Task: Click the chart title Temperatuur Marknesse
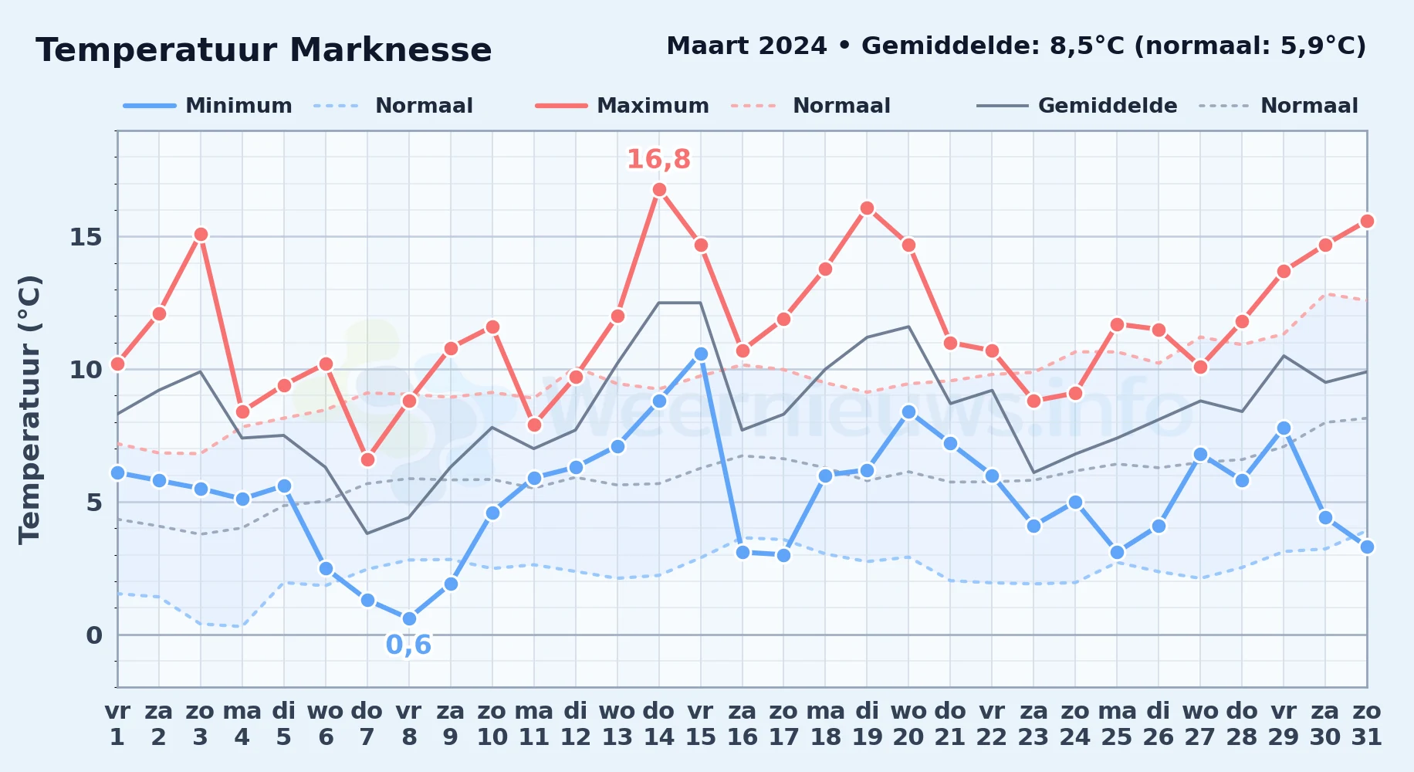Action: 264,50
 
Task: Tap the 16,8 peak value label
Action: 658,159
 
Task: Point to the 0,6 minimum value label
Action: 408,645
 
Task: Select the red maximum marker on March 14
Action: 659,189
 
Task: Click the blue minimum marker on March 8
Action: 409,618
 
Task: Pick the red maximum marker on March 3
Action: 201,234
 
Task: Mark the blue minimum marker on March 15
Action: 701,354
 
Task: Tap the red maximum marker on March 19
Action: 867,208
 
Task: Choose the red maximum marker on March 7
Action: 367,459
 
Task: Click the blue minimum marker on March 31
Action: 1367,547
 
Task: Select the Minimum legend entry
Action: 208,106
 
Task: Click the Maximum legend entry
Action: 622,106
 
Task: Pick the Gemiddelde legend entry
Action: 1077,106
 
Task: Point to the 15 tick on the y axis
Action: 86,237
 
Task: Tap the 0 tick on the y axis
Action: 94,635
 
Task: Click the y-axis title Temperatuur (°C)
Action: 30,409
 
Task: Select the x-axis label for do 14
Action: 658,723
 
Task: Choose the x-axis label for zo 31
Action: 1367,723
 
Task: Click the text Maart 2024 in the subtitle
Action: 746,46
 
